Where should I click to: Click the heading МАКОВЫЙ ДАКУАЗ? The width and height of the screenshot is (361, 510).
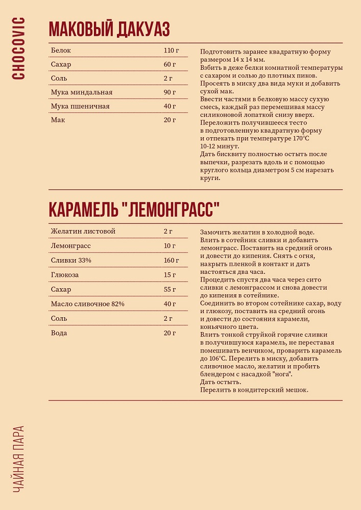click(109, 30)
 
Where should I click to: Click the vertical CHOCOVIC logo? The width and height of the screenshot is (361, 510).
click(18, 48)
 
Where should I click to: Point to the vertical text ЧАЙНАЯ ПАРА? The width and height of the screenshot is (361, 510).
click(18, 458)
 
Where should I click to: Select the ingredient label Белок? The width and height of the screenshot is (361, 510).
click(61, 50)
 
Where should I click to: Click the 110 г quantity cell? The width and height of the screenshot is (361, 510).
click(172, 50)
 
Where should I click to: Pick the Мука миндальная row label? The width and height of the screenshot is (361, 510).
click(82, 92)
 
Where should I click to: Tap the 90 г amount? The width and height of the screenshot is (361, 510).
click(170, 92)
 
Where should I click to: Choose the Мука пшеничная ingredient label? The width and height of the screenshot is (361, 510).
click(80, 106)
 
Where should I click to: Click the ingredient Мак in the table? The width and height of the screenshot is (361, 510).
click(58, 120)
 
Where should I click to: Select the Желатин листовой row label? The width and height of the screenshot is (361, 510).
click(83, 231)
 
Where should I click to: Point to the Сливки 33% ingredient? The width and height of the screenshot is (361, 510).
click(71, 260)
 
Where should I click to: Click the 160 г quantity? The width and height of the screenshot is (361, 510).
click(172, 260)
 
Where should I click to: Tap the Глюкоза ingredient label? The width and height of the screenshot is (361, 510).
click(65, 275)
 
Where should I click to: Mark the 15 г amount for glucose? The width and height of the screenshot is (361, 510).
click(170, 275)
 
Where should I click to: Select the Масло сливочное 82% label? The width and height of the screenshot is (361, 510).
click(88, 304)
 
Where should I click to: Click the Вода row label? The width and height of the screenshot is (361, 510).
click(59, 333)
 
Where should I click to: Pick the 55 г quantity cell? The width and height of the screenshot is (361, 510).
click(170, 290)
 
